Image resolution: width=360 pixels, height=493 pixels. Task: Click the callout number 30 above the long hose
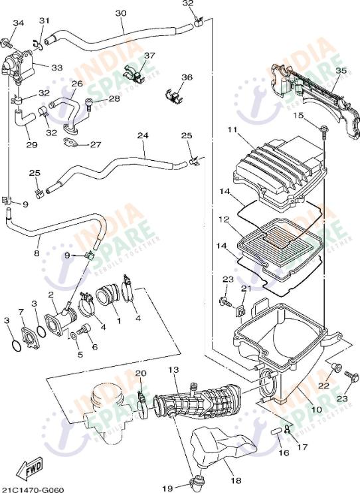(120, 13)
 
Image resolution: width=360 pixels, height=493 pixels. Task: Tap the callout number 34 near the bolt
(18, 23)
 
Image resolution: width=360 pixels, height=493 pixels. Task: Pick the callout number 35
(341, 70)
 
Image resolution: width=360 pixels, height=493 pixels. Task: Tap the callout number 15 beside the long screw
(298, 116)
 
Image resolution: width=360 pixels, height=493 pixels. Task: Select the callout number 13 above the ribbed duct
(173, 369)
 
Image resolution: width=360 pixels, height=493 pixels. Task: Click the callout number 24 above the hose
(142, 136)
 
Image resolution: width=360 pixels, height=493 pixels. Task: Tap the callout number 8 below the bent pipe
(37, 252)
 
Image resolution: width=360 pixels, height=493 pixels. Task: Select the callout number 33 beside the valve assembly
(56, 67)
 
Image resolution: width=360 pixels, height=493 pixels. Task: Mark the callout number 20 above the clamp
(140, 373)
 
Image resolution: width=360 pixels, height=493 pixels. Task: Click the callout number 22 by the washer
(323, 385)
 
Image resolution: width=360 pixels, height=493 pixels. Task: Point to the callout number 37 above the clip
(149, 56)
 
